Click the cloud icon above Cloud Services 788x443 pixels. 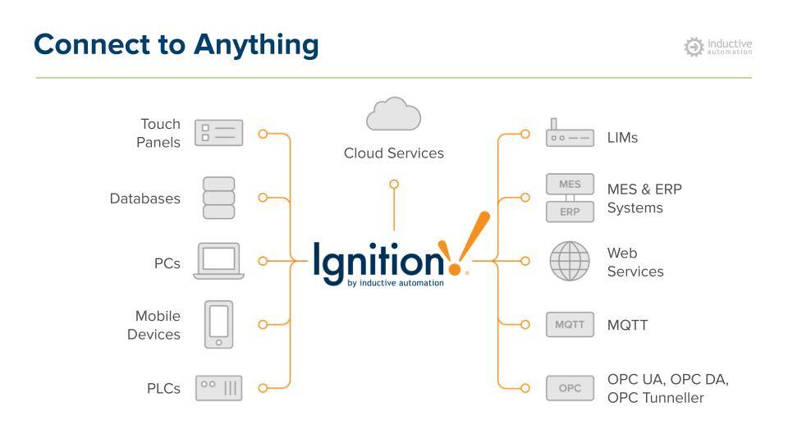(393, 115)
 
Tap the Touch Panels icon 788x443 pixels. (218, 133)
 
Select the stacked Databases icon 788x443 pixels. (218, 198)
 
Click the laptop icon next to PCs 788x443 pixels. (218, 261)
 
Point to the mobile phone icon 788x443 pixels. (218, 324)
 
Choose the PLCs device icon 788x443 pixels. (218, 388)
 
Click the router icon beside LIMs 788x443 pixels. (569, 135)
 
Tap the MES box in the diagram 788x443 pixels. (570, 185)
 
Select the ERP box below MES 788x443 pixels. (570, 212)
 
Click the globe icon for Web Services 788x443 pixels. (570, 261)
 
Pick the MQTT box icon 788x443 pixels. (570, 325)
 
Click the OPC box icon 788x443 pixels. (570, 388)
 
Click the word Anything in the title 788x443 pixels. (256, 44)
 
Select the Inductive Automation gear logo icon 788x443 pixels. (694, 47)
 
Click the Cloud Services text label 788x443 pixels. (393, 153)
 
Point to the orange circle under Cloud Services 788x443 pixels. (394, 185)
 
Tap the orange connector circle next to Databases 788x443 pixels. (263, 198)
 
